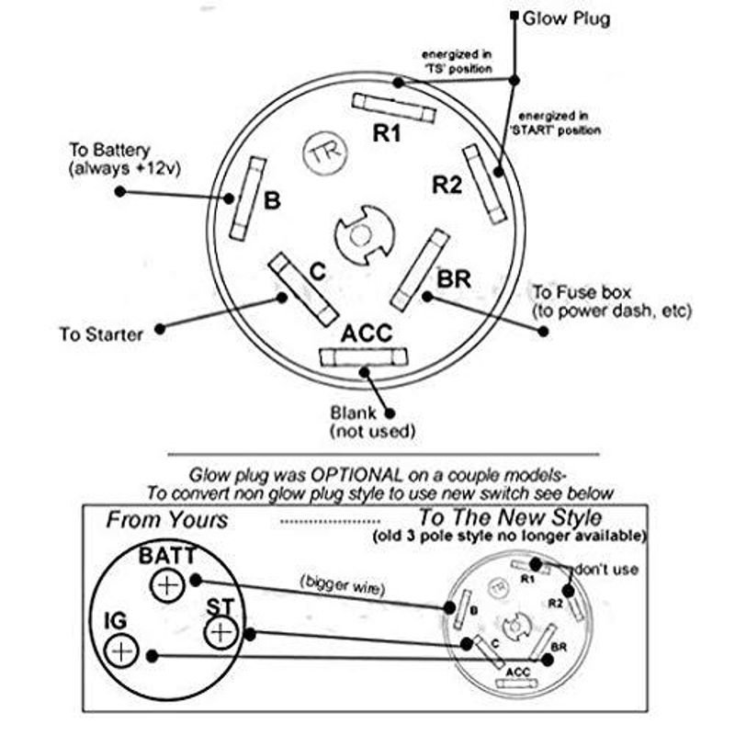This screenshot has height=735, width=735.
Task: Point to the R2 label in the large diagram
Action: pos(447,186)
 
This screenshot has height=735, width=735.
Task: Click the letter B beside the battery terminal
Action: pos(272,200)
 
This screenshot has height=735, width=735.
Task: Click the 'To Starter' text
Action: pos(101,335)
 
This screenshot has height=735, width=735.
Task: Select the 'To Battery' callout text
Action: pos(121,159)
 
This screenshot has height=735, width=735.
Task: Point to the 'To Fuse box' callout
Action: pos(610,301)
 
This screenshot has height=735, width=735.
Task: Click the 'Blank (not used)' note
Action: pos(372,422)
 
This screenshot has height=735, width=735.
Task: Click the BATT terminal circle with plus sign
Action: pos(166,585)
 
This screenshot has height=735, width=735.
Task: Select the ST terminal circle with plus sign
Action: pos(221,633)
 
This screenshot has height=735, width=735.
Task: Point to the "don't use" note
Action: pos(607,570)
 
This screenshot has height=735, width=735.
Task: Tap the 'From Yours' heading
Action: pos(166,519)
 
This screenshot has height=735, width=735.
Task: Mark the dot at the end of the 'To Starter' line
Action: pos(161,328)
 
